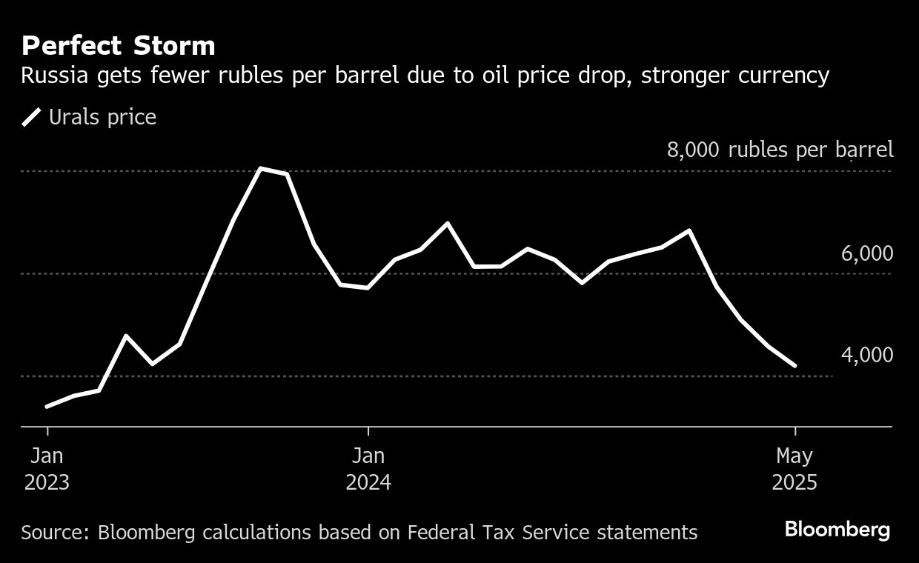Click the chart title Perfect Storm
pos(119,47)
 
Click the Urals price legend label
pos(102,117)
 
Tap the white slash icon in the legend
pos(31,117)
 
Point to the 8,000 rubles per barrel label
pos(780,150)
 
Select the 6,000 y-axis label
pos(866,253)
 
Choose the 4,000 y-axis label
pos(866,356)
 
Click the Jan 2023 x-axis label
pos(47,469)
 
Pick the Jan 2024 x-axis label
pos(368,469)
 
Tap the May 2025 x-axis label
pos(794,469)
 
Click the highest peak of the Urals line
pos(261,168)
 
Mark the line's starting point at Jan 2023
pos(47,406)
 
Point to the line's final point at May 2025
pos(794,365)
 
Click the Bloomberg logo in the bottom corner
pos(837,530)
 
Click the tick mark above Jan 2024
pos(368,431)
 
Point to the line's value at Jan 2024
pos(368,287)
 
